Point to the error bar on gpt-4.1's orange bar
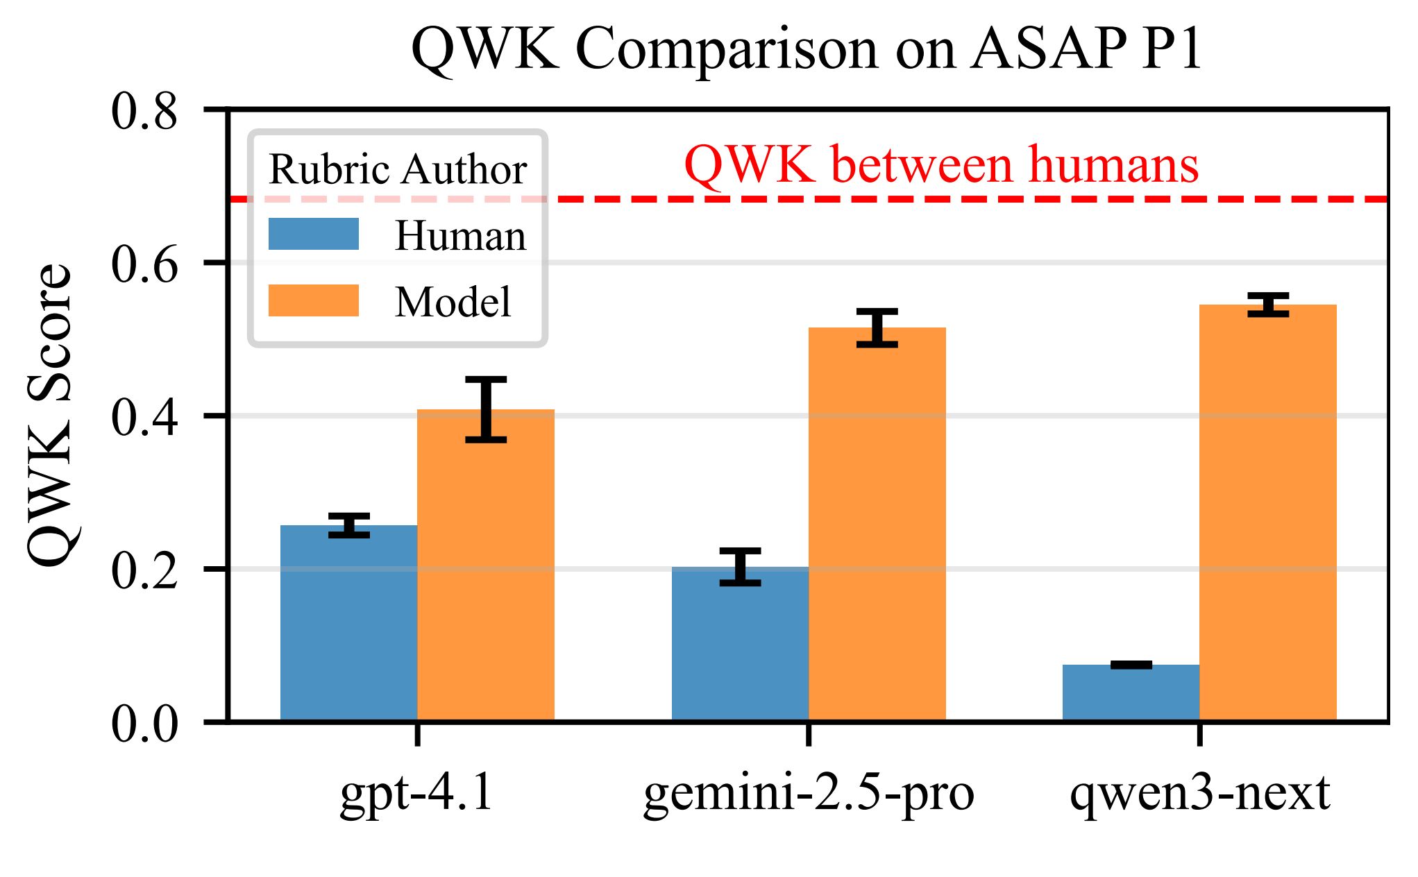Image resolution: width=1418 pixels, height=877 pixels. click(486, 409)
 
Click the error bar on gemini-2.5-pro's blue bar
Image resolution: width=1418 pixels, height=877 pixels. click(740, 567)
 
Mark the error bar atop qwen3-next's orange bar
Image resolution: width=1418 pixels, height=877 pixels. click(1268, 305)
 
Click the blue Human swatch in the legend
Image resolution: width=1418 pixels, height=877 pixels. click(314, 235)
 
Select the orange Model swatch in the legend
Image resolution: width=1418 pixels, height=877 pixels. click(314, 300)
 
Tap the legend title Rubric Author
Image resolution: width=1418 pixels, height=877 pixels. click(398, 169)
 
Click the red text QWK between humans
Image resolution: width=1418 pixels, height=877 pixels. click(941, 165)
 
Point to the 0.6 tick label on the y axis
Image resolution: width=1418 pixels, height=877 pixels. click(144, 264)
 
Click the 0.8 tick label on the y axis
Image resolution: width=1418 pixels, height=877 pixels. click(144, 111)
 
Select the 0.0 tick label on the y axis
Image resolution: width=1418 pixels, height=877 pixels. click(144, 724)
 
